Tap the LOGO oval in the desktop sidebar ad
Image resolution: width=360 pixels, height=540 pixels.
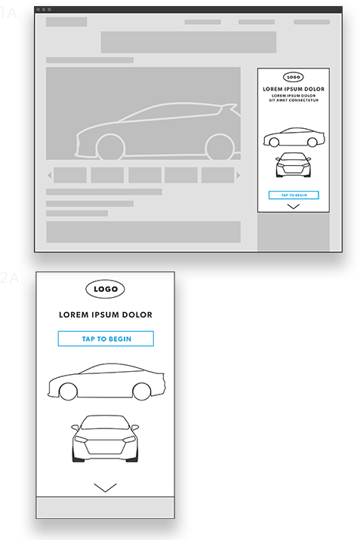coord(294,77)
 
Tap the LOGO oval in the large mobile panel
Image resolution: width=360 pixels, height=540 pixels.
coord(105,289)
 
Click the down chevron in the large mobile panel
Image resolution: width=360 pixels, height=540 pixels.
coord(106,487)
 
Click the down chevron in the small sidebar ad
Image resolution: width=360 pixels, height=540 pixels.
coord(294,206)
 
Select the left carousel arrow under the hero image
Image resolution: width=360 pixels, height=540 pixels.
coord(50,176)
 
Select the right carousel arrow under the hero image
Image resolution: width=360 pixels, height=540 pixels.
coord(238,176)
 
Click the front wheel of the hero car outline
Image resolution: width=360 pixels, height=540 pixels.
coord(109,146)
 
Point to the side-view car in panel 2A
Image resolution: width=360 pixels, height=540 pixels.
coord(105,382)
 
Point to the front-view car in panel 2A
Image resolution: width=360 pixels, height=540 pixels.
coord(105,438)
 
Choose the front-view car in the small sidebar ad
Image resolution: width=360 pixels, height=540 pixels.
coord(294,166)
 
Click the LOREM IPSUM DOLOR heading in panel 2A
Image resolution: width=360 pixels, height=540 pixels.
coord(105,314)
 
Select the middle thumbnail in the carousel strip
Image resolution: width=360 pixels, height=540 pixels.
coord(144,176)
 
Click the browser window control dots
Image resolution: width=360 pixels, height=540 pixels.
coord(43,10)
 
